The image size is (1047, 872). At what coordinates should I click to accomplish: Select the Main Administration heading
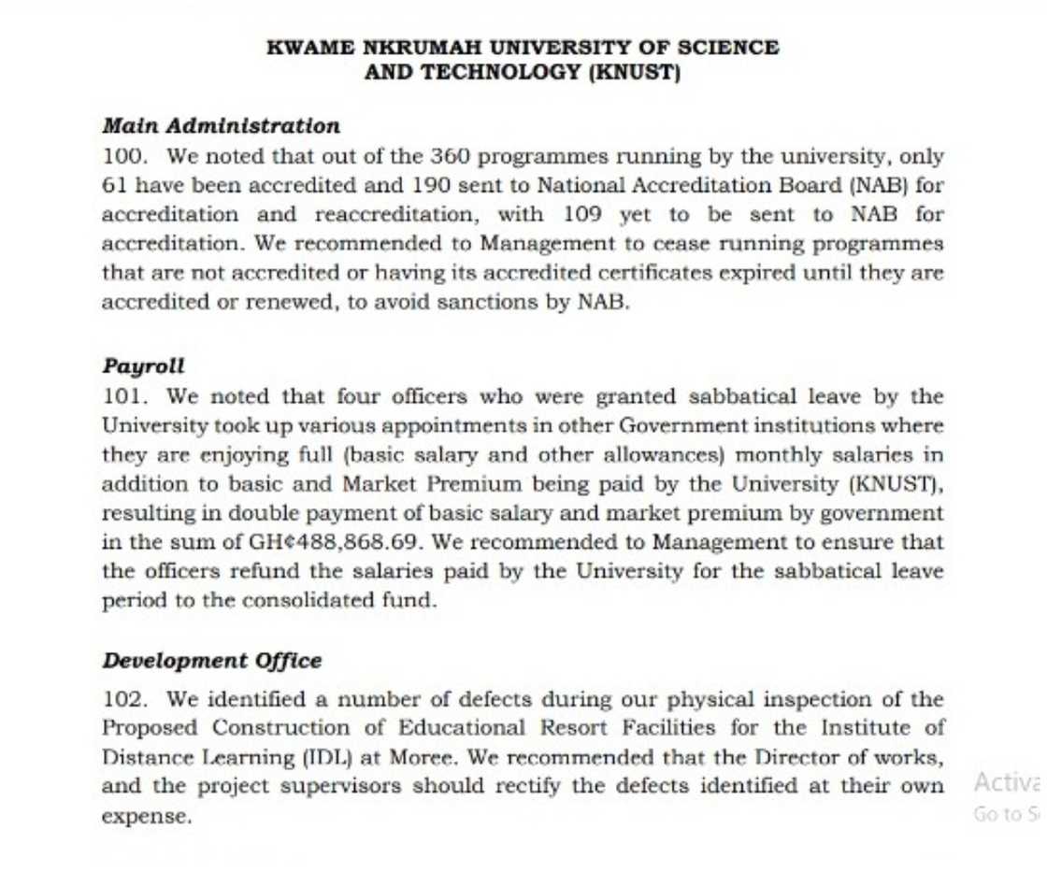[x=221, y=126]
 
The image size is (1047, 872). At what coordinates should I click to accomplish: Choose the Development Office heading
[x=211, y=661]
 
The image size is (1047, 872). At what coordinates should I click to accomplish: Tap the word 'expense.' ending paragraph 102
[x=147, y=815]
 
